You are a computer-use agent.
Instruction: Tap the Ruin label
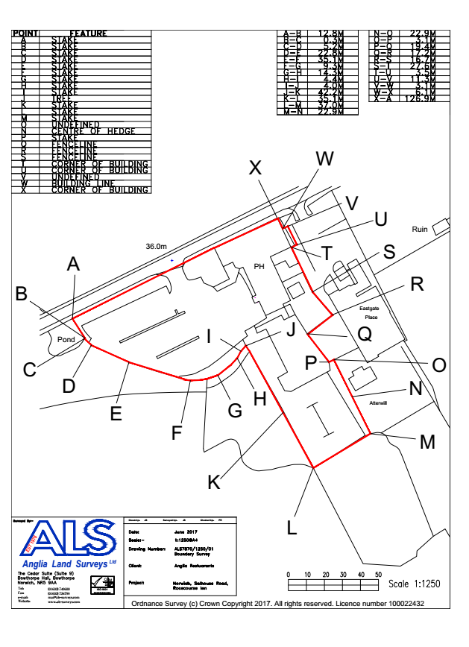pyautogui.click(x=420, y=230)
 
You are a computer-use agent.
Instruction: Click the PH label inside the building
pyautogui.click(x=259, y=266)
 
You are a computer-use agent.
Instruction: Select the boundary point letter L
pyautogui.click(x=292, y=526)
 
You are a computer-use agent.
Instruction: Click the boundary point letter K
pyautogui.click(x=214, y=482)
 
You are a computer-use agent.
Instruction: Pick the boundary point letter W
pyautogui.click(x=325, y=159)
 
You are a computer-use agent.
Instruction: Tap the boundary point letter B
pyautogui.click(x=23, y=294)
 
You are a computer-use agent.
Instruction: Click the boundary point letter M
pyautogui.click(x=427, y=442)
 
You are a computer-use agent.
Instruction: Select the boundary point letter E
pyautogui.click(x=116, y=413)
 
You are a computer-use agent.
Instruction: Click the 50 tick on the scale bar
pyautogui.click(x=379, y=575)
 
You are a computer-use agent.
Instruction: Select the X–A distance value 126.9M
pyautogui.click(x=418, y=98)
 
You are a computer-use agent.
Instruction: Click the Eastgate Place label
pyautogui.click(x=369, y=312)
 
